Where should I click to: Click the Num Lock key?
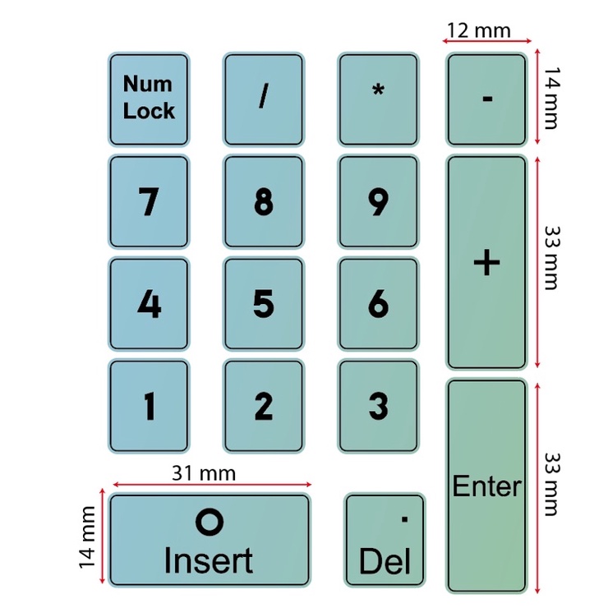[x=149, y=99]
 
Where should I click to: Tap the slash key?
[x=263, y=99]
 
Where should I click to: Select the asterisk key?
[x=378, y=99]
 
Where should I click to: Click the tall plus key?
[x=486, y=262]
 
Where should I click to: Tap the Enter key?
[x=486, y=486]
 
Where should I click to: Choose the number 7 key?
[x=149, y=201]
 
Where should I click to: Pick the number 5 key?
[x=263, y=303]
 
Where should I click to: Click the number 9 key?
[x=378, y=201]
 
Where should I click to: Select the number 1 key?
[x=149, y=405]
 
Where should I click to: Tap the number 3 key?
[x=378, y=405]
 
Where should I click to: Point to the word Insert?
[x=208, y=561]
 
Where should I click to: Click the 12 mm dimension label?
[x=477, y=30]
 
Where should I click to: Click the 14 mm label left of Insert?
[x=87, y=537]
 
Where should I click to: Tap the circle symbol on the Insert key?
[x=209, y=521]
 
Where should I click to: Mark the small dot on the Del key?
[x=404, y=518]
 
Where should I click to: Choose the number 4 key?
[x=149, y=303]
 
